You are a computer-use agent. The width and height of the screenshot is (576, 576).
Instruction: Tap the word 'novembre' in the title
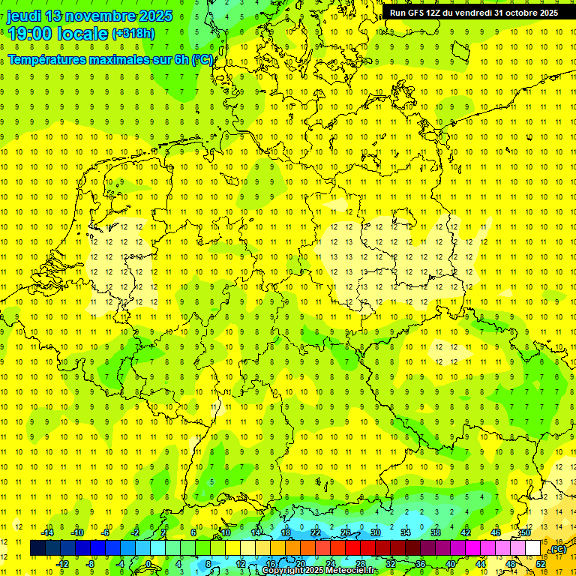(x=99, y=16)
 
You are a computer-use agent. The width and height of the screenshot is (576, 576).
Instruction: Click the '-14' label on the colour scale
(x=47, y=532)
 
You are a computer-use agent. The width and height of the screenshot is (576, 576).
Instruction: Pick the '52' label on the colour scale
(x=541, y=564)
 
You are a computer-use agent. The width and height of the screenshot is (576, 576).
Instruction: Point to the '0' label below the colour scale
(x=148, y=564)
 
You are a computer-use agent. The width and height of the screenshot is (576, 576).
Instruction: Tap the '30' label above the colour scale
(x=376, y=532)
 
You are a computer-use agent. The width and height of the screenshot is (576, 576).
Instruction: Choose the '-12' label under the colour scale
(x=62, y=564)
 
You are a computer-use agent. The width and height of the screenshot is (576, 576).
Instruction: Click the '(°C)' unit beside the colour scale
(x=557, y=549)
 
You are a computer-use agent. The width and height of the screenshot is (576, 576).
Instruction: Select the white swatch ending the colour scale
(x=533, y=548)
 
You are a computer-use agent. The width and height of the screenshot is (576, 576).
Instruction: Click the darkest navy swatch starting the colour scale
(x=37, y=548)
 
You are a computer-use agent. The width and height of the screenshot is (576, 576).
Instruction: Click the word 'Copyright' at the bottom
(x=282, y=571)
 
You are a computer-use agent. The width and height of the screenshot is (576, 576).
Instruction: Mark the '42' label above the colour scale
(x=465, y=532)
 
